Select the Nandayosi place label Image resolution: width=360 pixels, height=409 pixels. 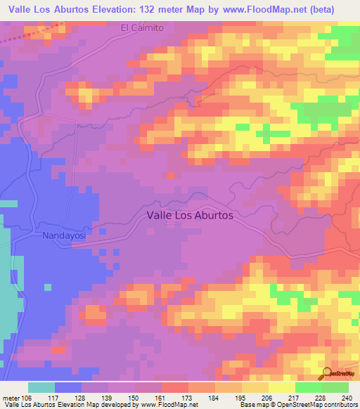pos(64,236)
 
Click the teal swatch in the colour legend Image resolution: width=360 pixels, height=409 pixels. pos(41,387)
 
